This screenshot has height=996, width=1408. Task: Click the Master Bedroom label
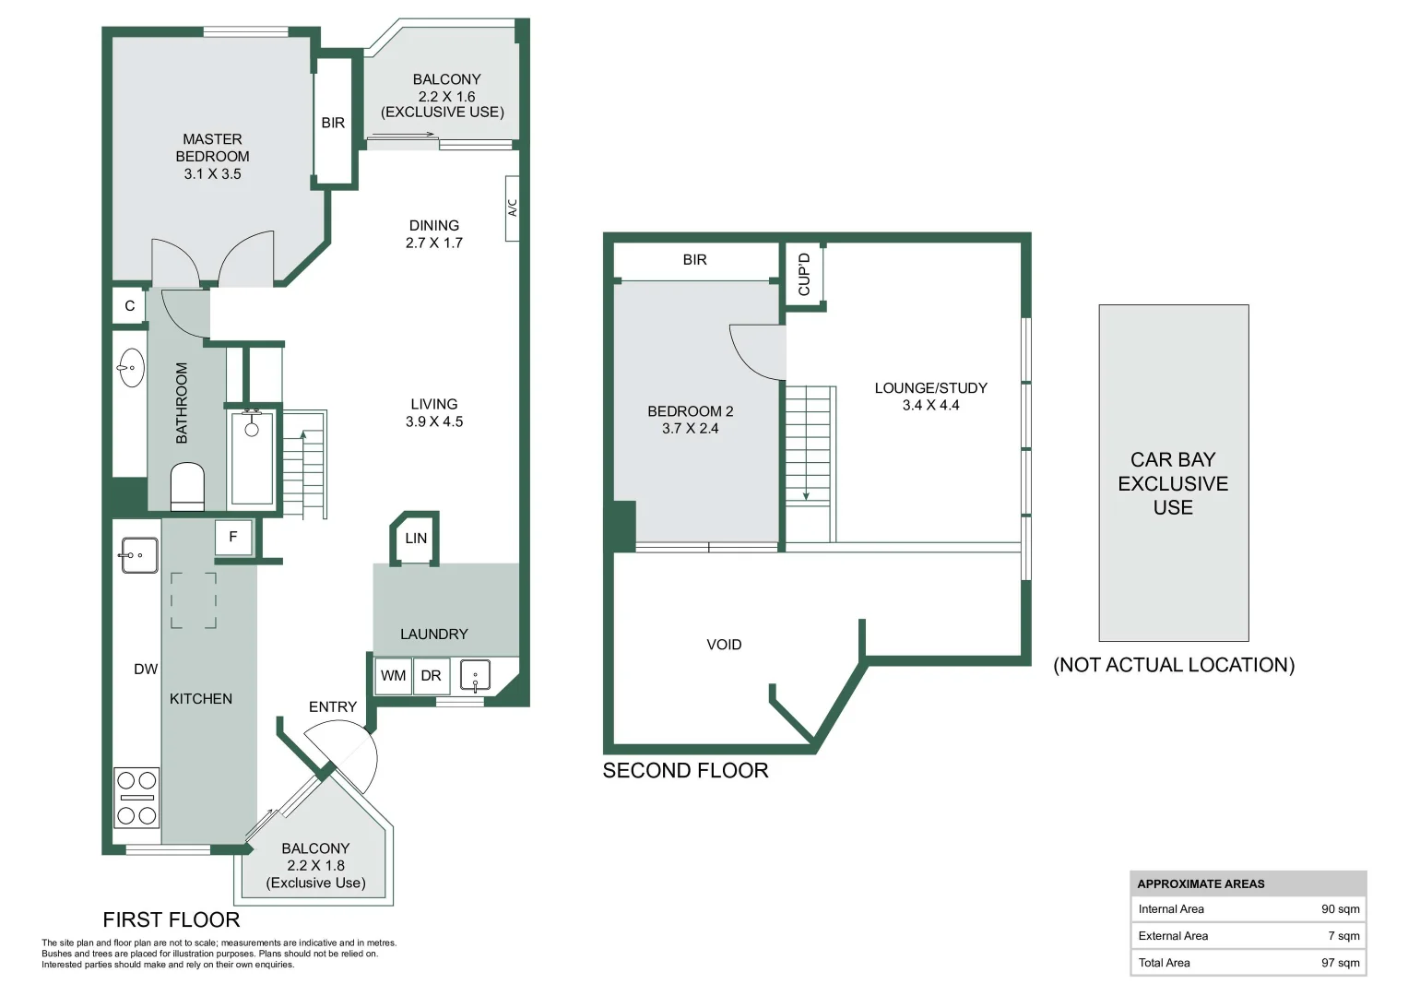(x=212, y=156)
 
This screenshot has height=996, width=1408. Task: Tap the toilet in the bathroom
(x=187, y=486)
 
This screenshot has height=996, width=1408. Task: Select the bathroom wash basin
(x=131, y=367)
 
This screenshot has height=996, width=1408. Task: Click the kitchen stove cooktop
(x=136, y=798)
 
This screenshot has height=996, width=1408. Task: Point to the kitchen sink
(x=139, y=554)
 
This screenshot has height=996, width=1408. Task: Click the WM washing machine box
(x=394, y=676)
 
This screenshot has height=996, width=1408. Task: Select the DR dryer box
(x=432, y=676)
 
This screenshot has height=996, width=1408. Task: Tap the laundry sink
(x=475, y=676)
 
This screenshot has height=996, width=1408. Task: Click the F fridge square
(x=234, y=537)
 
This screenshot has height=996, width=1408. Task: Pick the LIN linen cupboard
(x=415, y=539)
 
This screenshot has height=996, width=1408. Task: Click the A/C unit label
(x=513, y=208)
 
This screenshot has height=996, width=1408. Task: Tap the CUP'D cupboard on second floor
(x=803, y=275)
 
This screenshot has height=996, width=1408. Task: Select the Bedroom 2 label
(x=691, y=420)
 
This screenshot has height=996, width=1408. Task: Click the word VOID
(x=724, y=645)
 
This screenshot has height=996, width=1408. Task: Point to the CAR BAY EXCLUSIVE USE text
(x=1173, y=483)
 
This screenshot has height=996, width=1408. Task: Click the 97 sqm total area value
(x=1340, y=962)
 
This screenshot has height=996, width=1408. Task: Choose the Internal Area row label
(x=1171, y=908)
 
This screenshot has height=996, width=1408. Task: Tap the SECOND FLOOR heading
(x=685, y=770)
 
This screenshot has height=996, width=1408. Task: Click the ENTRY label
(x=333, y=706)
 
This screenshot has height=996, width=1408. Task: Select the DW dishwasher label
(x=146, y=669)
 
